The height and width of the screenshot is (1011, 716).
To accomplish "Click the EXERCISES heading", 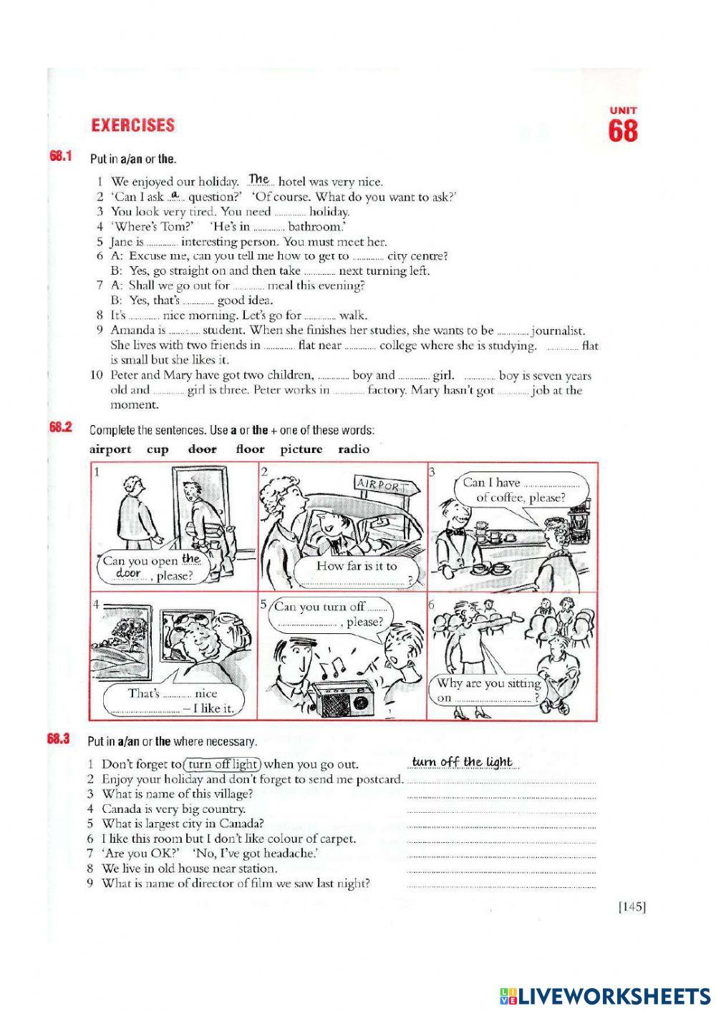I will [x=132, y=125].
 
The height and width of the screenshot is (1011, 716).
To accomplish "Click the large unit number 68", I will [x=623, y=132].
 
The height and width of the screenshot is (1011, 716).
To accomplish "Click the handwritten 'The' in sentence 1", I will [x=258, y=180].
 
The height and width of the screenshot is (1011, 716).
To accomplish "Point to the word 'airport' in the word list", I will [x=110, y=449].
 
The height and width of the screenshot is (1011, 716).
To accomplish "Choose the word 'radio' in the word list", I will [x=354, y=449].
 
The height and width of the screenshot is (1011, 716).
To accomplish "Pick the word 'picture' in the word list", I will [x=301, y=449].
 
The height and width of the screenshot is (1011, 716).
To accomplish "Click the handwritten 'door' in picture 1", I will [x=128, y=573].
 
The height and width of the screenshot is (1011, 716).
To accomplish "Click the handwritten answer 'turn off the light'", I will [x=463, y=762].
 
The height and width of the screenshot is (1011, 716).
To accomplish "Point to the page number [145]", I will [x=632, y=907].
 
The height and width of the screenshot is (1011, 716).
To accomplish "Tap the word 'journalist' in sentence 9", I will [x=558, y=331].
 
